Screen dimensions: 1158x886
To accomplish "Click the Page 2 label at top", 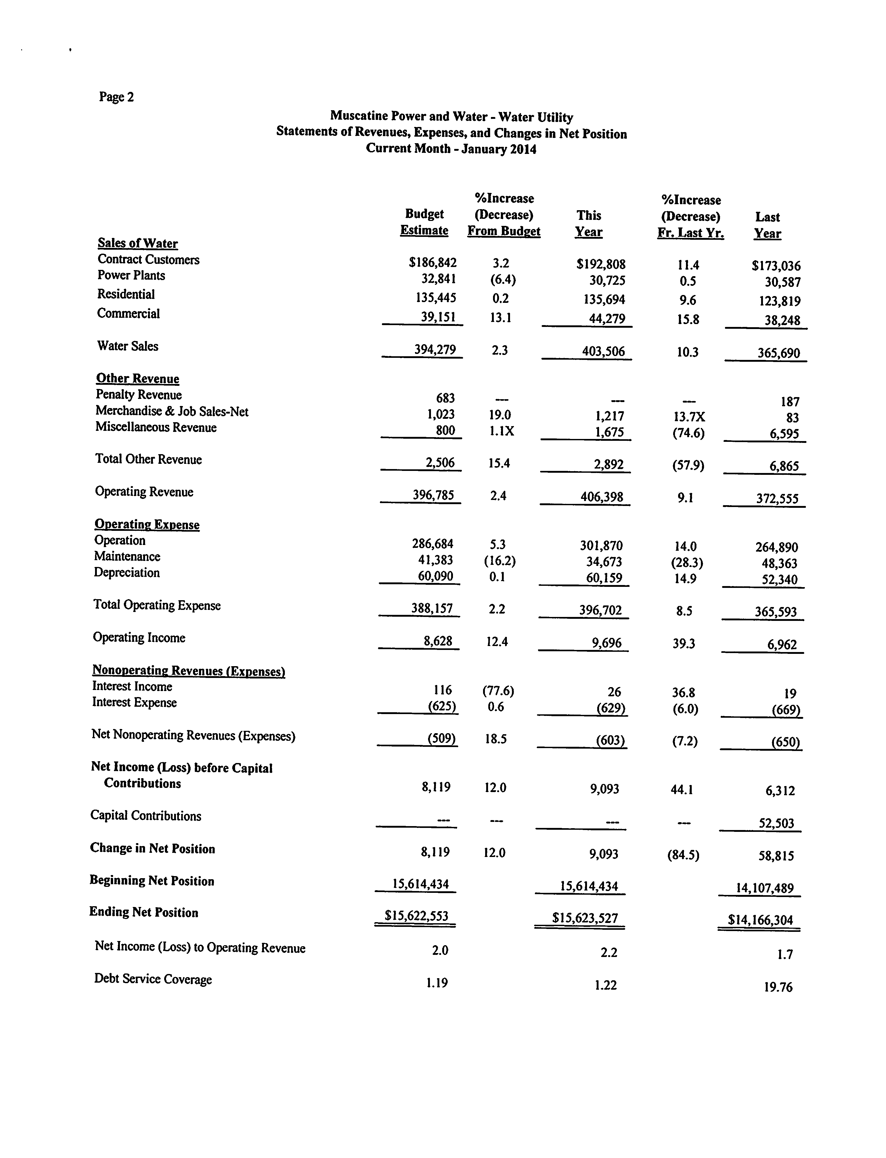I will pos(116,97).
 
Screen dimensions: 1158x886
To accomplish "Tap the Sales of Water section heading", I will pos(138,243).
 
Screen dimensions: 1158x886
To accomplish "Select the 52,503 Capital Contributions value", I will pos(776,823).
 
